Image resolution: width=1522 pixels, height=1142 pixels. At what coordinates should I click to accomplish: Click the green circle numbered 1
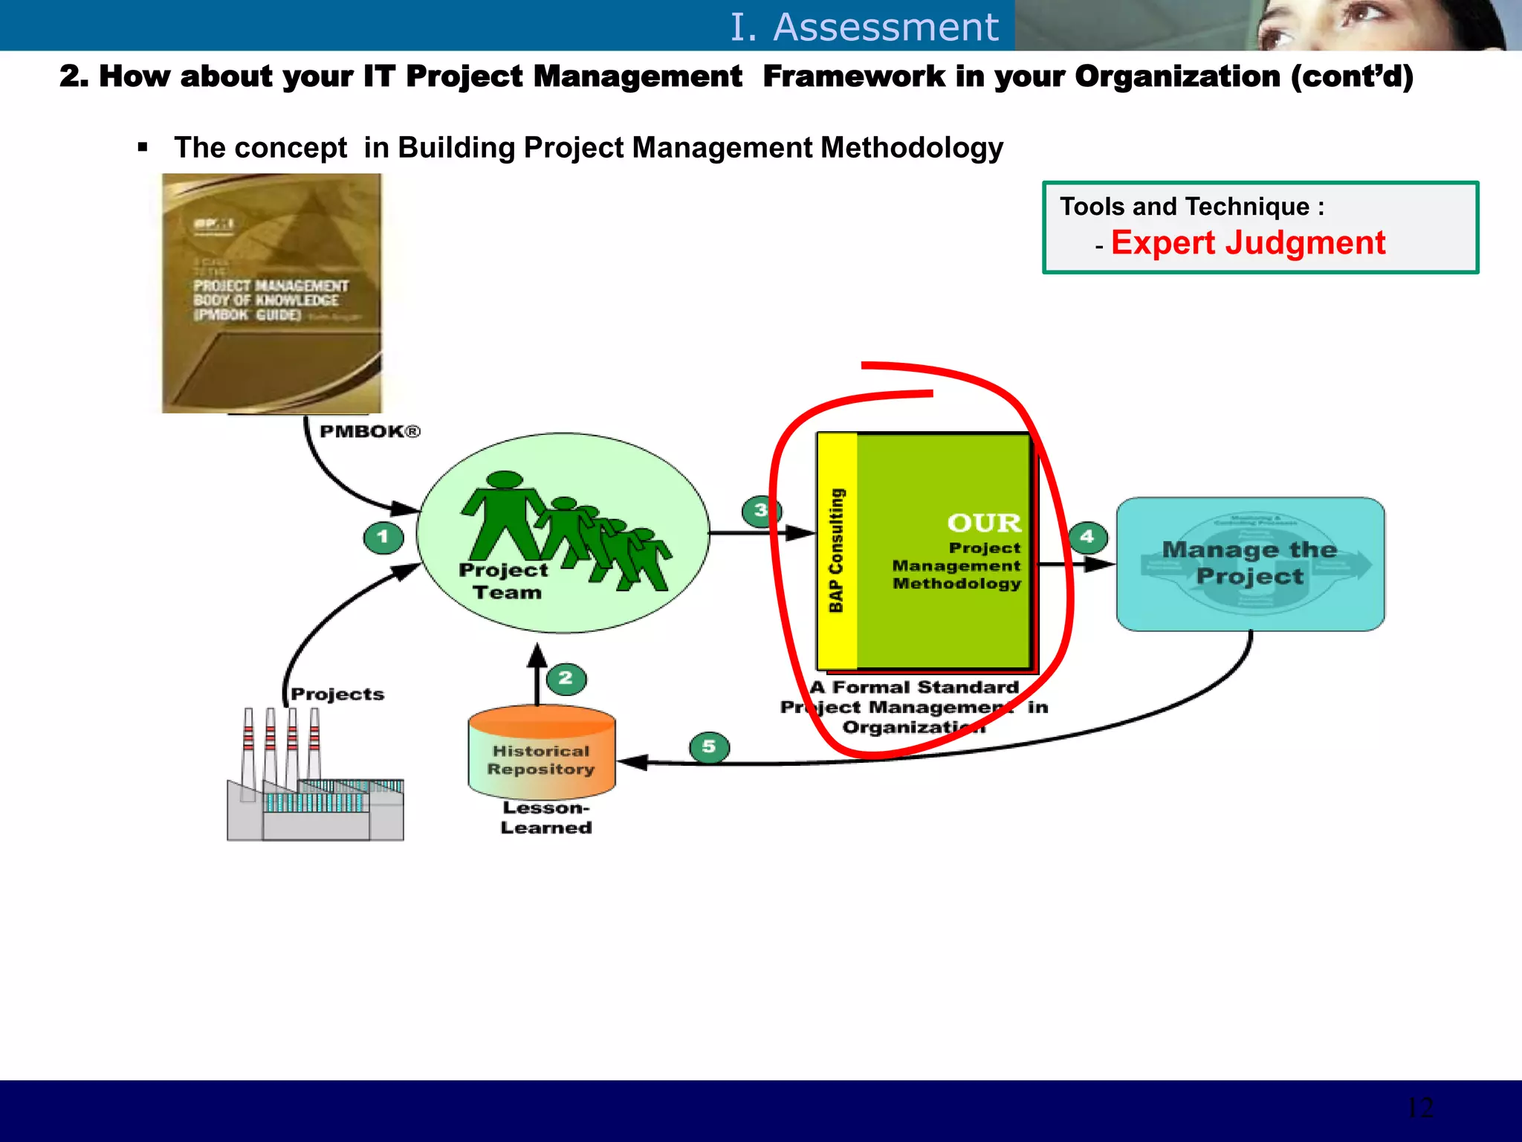click(383, 537)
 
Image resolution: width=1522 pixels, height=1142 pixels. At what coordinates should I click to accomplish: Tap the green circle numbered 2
click(566, 678)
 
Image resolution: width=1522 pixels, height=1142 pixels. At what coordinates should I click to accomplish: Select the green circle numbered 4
click(1088, 537)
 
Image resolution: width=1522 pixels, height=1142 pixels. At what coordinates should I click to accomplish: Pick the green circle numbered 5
click(709, 746)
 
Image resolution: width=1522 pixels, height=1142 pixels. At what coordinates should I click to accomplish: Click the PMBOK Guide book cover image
click(271, 293)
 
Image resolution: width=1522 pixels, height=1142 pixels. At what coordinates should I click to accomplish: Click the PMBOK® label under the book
click(369, 432)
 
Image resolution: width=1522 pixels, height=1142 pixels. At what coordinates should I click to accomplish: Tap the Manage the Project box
click(1250, 564)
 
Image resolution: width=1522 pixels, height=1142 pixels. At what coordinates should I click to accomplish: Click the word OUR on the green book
click(984, 523)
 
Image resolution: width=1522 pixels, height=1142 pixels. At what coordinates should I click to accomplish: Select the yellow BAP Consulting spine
click(837, 551)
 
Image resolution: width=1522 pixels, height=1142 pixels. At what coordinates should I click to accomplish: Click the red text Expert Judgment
click(1248, 243)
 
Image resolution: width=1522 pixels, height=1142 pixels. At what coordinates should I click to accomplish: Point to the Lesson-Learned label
click(546, 818)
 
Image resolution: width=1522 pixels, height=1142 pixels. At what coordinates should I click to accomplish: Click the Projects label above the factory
click(337, 694)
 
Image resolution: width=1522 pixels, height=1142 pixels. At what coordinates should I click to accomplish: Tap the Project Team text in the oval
click(503, 581)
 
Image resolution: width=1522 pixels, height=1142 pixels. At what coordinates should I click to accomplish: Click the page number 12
click(1419, 1108)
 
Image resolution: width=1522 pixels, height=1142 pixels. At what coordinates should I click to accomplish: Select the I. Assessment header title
click(864, 27)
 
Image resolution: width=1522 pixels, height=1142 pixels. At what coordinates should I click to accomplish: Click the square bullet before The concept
click(143, 147)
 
